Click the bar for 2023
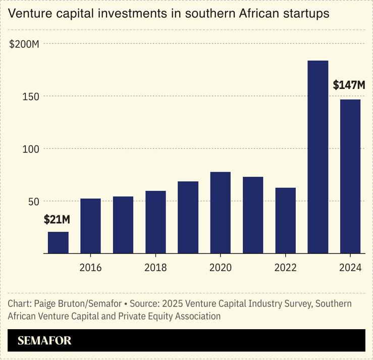317,157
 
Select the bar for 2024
350,176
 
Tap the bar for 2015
58,242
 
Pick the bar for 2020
220,213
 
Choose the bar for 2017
123,225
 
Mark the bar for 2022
285,220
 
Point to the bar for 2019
188,217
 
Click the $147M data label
348,85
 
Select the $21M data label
57,220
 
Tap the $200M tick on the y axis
24,44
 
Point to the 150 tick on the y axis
31,96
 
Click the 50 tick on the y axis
33,201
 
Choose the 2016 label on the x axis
90,268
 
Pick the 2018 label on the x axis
155,268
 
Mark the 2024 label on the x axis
350,268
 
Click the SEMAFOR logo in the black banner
44,341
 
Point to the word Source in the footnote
145,304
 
